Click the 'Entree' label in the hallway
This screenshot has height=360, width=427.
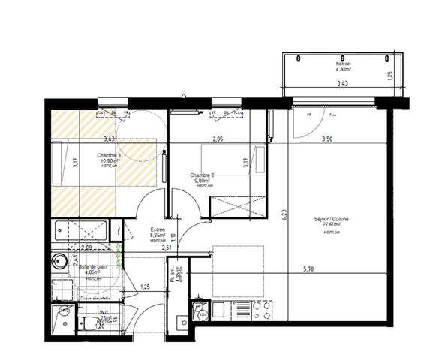pos(157,230)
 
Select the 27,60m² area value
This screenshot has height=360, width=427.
pos(332,225)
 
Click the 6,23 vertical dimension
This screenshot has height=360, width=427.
pos(284,214)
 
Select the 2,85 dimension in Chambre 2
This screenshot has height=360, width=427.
pos(218,139)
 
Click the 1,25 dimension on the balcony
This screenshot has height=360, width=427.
pos(389,75)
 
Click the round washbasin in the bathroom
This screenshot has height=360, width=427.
pos(59,262)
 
